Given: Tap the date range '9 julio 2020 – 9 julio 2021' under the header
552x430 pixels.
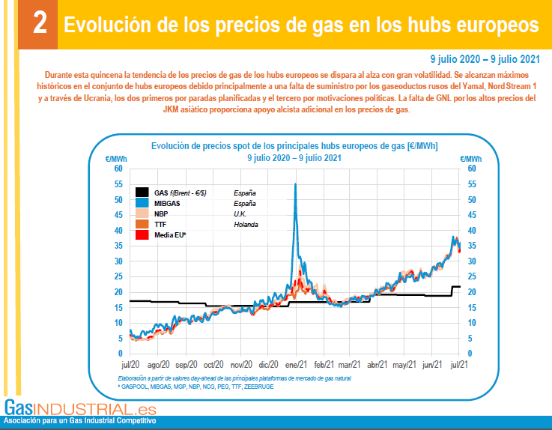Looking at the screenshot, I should tap(484, 58).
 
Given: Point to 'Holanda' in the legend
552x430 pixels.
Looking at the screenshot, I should tap(246, 224).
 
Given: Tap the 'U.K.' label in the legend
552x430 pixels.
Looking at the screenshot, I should tap(240, 214).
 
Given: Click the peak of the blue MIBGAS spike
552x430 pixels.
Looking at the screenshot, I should tap(296, 184).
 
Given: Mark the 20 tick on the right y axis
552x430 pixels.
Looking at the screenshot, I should tap(471, 292).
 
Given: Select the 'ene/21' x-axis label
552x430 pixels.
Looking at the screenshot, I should tap(297, 365).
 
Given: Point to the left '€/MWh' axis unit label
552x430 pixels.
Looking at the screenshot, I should tap(115, 159).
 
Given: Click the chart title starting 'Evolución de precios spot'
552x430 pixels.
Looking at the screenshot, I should tap(294, 146).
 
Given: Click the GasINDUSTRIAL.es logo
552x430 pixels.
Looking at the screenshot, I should tap(79, 409).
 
